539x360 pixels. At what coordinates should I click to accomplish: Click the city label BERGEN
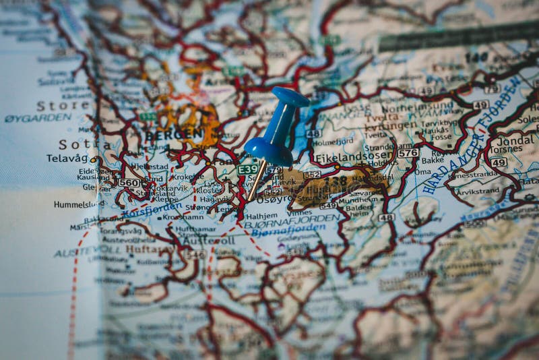[173, 133]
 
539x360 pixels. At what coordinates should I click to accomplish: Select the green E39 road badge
[247, 170]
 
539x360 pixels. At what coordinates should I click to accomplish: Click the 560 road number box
[128, 183]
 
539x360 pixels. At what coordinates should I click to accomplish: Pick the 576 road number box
[408, 153]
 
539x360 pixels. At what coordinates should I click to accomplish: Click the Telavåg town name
[67, 158]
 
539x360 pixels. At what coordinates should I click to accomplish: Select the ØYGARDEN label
[38, 117]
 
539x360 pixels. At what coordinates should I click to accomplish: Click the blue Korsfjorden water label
[152, 209]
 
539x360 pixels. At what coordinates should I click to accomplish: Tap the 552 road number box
[311, 175]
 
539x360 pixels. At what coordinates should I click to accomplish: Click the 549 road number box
[328, 205]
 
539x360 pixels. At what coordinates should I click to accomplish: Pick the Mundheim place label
[356, 200]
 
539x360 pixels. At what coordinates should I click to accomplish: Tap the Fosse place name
[441, 137]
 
